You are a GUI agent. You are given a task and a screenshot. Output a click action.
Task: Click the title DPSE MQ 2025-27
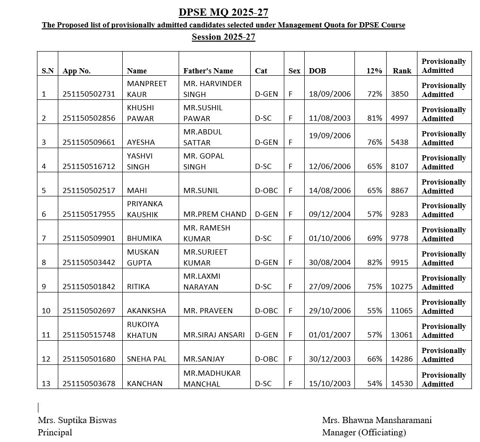click(223, 12)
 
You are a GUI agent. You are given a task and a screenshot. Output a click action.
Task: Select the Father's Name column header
click(208, 71)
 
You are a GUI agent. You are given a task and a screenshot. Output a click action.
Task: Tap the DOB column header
click(317, 71)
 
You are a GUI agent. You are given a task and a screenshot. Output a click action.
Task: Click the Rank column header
click(402, 71)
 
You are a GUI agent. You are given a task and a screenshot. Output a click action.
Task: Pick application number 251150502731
click(89, 94)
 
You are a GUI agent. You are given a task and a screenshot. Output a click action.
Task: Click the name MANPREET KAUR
click(147, 88)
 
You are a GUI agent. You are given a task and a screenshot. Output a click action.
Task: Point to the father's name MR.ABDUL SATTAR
click(203, 137)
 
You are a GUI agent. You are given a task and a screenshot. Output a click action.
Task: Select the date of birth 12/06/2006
click(330, 166)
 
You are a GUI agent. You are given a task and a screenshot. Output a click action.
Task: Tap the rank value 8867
click(399, 190)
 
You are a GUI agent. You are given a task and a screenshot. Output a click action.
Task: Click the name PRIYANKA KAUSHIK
click(145, 209)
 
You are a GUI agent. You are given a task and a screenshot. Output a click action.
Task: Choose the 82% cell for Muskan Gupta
click(374, 262)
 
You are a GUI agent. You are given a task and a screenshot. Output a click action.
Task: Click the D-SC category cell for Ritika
click(263, 286)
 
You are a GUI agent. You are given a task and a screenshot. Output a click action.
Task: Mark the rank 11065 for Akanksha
click(401, 310)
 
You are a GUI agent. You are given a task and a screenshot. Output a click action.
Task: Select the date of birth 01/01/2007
click(330, 335)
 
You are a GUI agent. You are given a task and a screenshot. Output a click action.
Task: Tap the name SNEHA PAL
click(147, 359)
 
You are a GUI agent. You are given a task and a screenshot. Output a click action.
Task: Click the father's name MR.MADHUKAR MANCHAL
click(212, 378)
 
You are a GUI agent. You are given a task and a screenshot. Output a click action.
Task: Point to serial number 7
click(44, 238)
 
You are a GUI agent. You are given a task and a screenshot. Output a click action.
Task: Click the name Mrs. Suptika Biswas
click(77, 420)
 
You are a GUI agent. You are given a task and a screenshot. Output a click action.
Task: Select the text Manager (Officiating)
click(364, 432)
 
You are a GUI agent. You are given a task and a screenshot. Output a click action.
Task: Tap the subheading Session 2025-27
click(223, 37)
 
